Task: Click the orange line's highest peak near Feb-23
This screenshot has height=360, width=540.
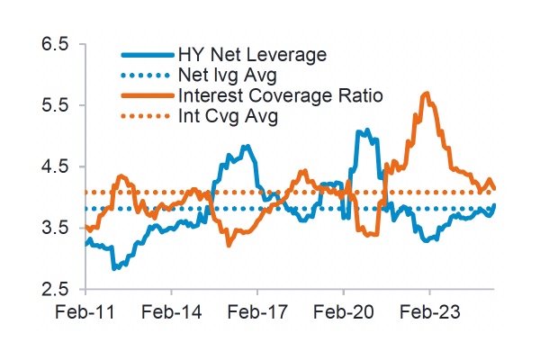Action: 427,93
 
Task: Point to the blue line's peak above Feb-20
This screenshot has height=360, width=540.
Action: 358,131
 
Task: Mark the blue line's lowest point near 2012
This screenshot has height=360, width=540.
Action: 113,267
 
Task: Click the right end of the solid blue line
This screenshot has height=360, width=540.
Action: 495,205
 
